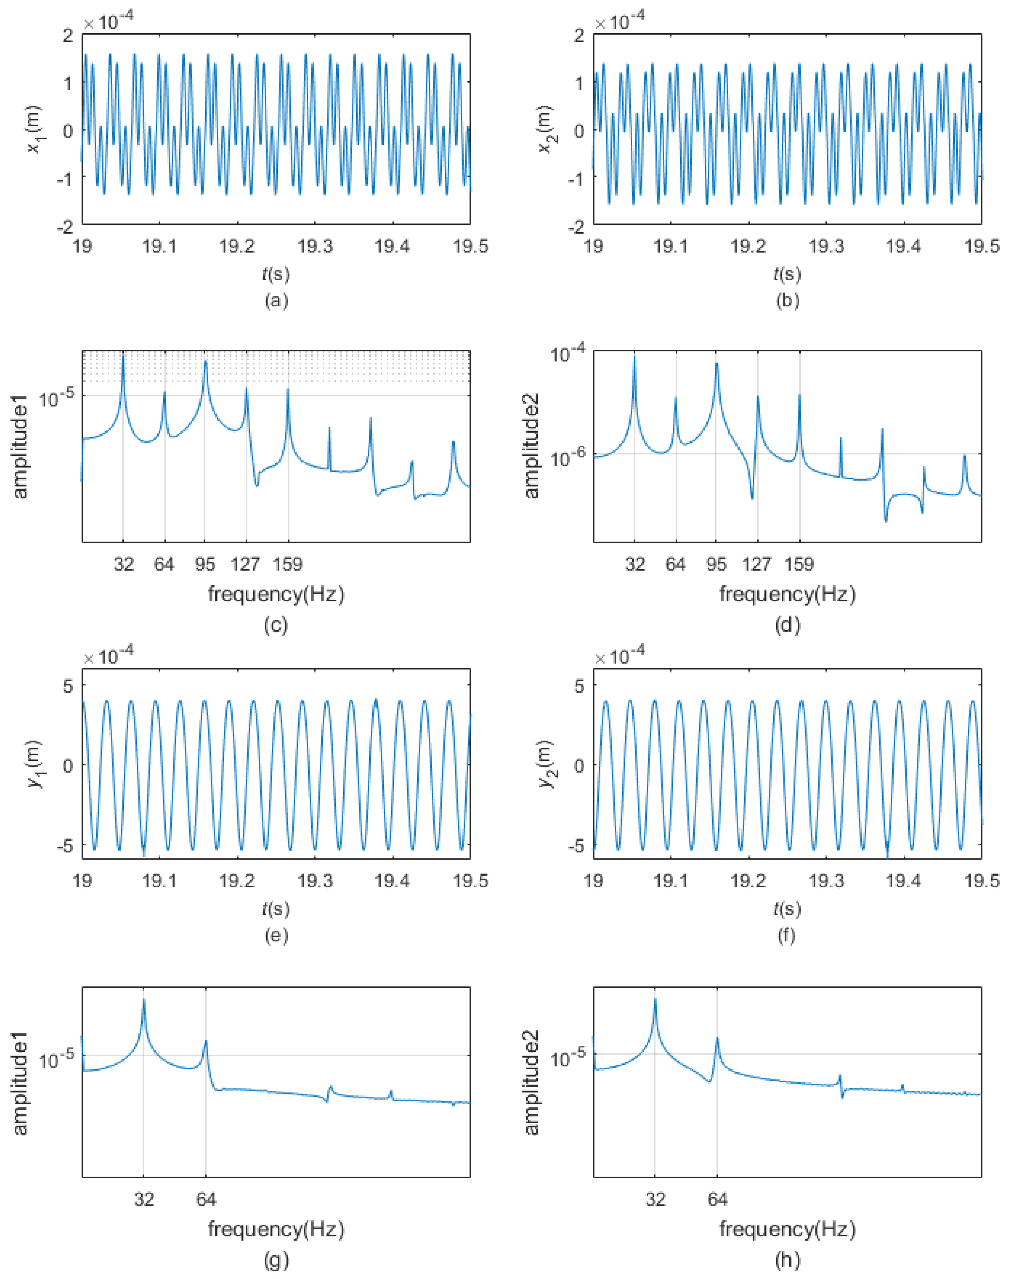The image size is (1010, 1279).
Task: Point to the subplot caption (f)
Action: click(x=787, y=935)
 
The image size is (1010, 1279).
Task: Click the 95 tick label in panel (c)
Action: click(x=205, y=564)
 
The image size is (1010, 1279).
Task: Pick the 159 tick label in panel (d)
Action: click(x=799, y=564)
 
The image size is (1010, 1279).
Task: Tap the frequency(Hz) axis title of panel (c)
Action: click(x=276, y=593)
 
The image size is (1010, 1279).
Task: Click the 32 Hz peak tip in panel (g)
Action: click(x=144, y=999)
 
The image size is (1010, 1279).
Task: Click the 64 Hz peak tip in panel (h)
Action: click(x=717, y=1038)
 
